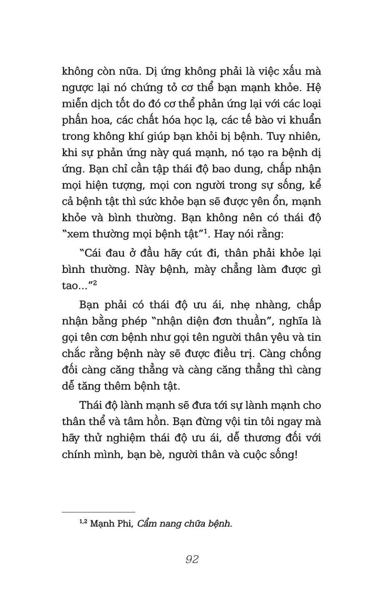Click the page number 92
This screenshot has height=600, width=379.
(x=192, y=559)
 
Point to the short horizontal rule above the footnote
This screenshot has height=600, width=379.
(x=98, y=512)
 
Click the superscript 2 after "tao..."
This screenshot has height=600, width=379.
(x=95, y=283)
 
